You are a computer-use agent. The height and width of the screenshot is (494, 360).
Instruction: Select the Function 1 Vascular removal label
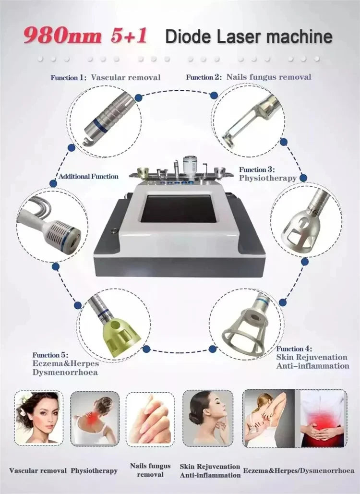106,77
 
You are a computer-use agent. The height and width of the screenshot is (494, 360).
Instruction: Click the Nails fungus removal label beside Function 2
269,76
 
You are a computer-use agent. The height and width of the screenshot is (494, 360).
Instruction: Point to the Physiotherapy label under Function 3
268,178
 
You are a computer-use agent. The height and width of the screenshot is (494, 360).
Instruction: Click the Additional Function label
88,176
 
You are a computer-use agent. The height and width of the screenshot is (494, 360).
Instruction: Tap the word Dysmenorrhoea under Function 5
65,372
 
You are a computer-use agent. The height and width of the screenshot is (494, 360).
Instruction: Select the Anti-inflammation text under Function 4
312,366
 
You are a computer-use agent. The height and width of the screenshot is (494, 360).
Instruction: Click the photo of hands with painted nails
150,418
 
